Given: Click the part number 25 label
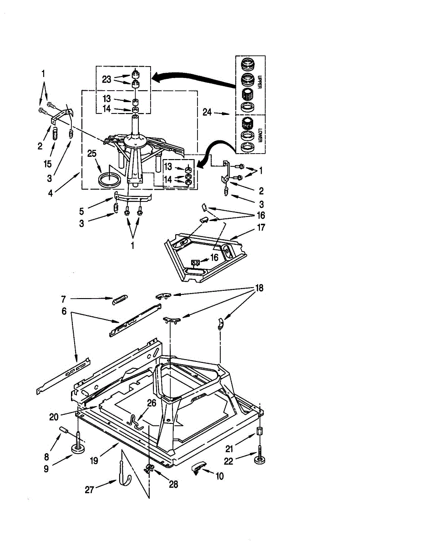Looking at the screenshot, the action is tap(92, 153).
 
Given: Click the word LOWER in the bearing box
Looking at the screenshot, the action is tap(259, 136).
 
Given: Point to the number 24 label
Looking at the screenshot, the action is tap(207, 112).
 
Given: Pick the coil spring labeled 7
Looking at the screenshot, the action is tap(120, 299).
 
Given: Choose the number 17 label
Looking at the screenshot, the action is tap(261, 227).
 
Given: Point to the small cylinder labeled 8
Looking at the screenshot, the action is tap(64, 430).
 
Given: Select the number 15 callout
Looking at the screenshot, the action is tap(47, 164).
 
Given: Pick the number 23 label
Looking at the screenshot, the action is tap(107, 80).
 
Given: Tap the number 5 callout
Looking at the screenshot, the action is tap(81, 212).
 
